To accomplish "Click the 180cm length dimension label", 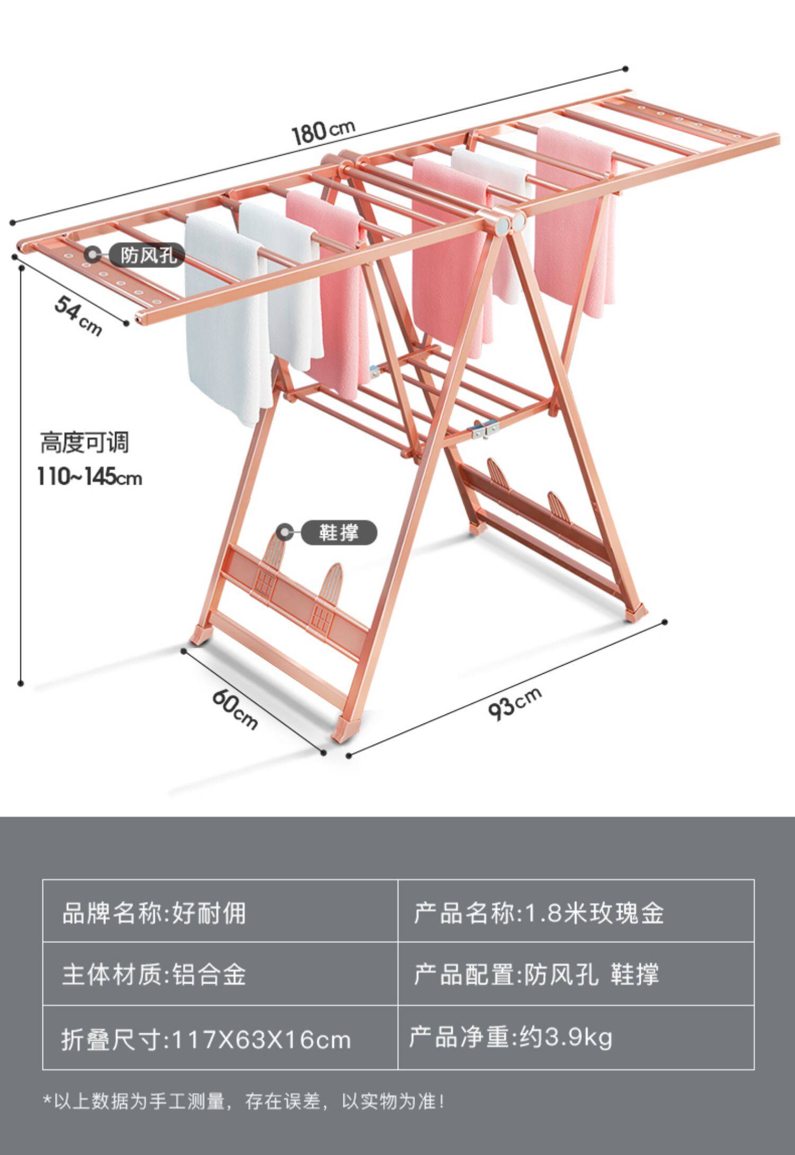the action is pos(323,131).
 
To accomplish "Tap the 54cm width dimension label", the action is pos(78,315).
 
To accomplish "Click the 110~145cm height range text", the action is pos(90,477).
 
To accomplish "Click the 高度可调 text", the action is pos(85,443).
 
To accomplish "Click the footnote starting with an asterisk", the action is pos(244,1101).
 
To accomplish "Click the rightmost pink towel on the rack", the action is pos(575,223).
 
